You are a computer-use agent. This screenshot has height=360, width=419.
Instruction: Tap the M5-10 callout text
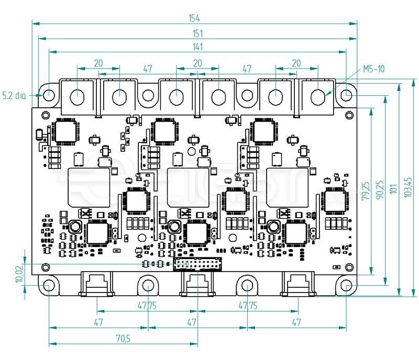tap(373, 69)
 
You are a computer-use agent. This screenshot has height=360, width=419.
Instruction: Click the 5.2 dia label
tap(14, 95)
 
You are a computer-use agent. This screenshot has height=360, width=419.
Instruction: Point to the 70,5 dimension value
tap(123, 339)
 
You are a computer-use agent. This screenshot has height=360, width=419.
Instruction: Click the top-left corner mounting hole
tap(49, 95)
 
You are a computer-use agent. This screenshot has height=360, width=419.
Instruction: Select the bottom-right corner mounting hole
tap(347, 286)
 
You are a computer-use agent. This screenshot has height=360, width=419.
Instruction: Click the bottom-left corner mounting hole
tap(49, 286)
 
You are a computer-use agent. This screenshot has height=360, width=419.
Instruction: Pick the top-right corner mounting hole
tap(347, 95)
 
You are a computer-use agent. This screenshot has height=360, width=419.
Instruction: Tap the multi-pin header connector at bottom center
tap(197, 264)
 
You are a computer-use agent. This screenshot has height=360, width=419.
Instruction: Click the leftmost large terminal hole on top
tap(78, 96)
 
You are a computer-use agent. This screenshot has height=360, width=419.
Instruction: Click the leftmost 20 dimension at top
tap(98, 63)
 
